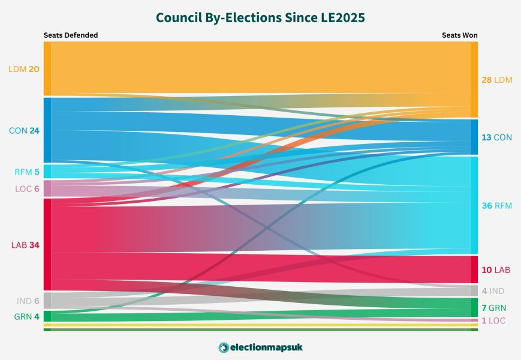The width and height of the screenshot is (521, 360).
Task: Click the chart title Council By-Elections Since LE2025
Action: coord(260,18)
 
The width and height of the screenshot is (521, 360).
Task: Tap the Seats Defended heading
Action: coord(71,35)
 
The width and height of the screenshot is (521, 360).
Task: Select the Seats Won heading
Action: coord(459,35)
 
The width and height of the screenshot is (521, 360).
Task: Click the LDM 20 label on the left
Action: coord(24,69)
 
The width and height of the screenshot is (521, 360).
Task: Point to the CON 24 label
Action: coord(24,130)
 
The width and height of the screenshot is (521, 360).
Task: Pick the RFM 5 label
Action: coord(27,172)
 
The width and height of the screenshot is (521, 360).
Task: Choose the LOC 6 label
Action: coord(27,189)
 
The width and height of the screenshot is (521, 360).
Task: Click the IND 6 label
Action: coord(28,301)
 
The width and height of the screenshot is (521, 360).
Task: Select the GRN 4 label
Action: coord(27,316)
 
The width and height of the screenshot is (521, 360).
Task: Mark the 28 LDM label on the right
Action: coord(497,80)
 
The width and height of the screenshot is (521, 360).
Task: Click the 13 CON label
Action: coord(496,137)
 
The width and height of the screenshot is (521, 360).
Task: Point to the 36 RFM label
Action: coord(497,206)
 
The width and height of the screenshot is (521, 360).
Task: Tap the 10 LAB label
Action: coord(496,270)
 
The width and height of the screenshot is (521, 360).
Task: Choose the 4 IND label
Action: coord(493,291)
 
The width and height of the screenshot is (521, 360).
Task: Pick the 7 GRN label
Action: coord(493,308)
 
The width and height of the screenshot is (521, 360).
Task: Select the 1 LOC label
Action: coord(493,321)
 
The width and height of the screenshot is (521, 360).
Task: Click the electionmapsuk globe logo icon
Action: coord(224,347)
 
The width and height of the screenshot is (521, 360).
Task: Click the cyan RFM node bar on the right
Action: coord(474,205)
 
